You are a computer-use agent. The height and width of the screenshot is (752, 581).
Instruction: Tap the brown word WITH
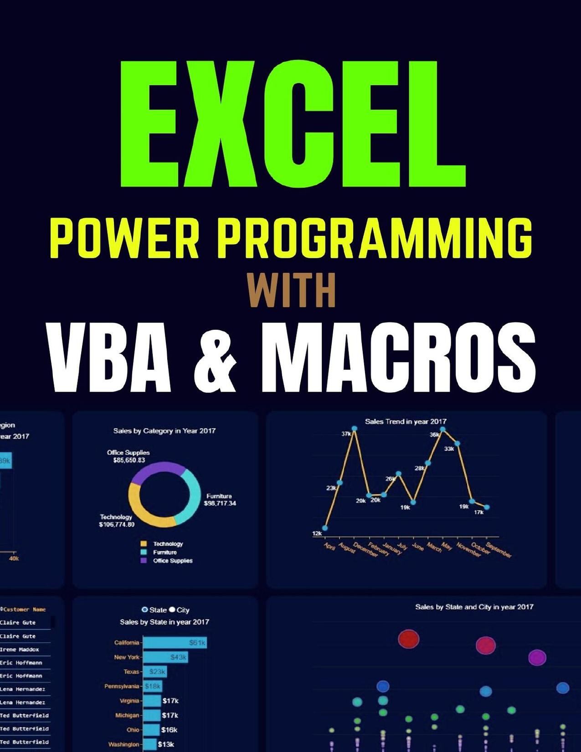click(292, 290)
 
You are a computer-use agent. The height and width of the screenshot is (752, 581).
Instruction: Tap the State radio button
click(145, 610)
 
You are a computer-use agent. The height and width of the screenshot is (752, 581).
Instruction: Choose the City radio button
click(172, 610)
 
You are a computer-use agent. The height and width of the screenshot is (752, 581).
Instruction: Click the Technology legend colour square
click(144, 544)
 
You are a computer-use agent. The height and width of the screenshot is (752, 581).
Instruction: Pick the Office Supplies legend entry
click(172, 561)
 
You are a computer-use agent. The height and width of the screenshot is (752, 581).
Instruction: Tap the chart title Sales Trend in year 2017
click(406, 421)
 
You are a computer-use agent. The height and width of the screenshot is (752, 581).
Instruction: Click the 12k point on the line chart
click(325, 528)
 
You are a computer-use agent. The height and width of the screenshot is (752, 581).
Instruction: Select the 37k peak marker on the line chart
click(354, 429)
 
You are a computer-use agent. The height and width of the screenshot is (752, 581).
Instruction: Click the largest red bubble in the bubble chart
click(408, 639)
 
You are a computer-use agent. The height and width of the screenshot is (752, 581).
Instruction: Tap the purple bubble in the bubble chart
click(537, 657)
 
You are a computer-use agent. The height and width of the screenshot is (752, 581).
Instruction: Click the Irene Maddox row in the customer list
click(20, 650)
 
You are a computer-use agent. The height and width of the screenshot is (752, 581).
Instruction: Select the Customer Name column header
click(24, 609)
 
